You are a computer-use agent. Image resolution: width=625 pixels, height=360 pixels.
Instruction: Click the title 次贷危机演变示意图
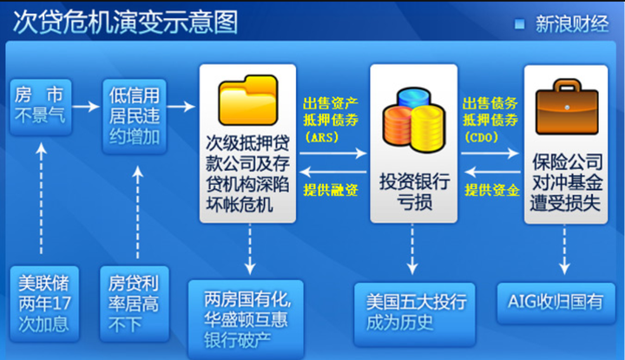126,23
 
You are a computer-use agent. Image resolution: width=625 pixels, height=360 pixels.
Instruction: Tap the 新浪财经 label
572,24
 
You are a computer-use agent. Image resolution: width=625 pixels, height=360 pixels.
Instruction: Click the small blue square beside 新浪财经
519,24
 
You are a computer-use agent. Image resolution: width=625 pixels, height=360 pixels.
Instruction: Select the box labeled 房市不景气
41,107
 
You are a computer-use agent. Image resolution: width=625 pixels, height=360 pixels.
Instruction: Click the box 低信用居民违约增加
135,116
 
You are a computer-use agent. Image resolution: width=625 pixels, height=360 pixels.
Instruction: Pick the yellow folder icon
248,100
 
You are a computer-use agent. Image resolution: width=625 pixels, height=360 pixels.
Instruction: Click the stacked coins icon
413,120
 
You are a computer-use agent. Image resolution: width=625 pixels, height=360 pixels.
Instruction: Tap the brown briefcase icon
567,107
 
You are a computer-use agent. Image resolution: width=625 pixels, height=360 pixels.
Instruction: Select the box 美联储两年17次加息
44,304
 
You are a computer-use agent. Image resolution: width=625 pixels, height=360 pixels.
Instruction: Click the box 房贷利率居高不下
135,304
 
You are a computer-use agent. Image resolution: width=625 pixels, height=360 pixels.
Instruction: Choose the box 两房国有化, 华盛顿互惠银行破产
246,319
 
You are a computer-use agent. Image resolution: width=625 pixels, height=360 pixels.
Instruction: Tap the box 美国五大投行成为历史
415,313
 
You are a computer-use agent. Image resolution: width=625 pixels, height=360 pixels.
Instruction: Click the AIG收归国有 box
556,302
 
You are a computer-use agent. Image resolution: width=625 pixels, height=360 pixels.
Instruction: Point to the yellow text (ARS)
322,137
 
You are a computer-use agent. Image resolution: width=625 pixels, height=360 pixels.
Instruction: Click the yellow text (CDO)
482,137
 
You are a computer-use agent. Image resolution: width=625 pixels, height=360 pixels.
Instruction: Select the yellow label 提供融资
331,190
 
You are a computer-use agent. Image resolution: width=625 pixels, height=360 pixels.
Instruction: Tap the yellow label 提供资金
492,190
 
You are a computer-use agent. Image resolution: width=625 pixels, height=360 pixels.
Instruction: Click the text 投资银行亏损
415,192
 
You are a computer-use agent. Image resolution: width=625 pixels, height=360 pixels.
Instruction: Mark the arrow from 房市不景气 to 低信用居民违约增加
86,107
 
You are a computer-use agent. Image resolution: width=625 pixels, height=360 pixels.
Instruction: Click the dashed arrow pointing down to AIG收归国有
564,250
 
